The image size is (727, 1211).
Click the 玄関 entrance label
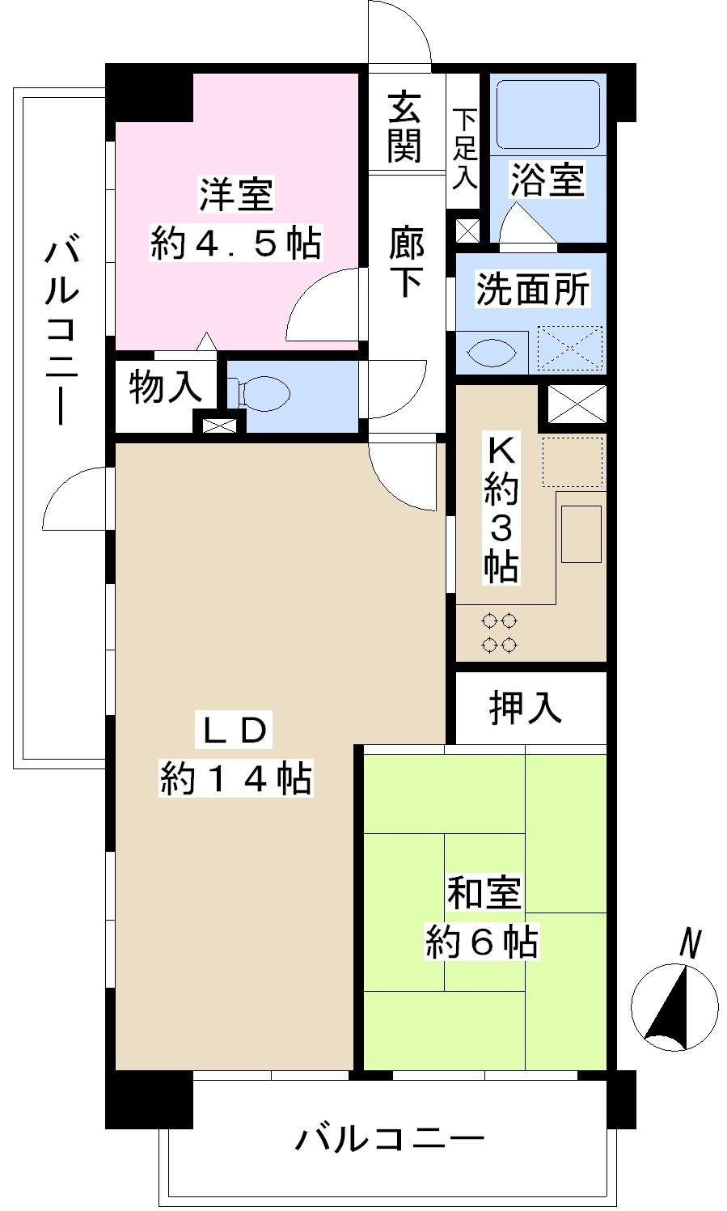(x=405, y=128)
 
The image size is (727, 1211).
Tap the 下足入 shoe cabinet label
(x=464, y=149)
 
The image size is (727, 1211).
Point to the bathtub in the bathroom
(x=547, y=114)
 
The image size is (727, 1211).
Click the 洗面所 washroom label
(x=531, y=290)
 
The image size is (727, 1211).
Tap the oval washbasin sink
(x=491, y=353)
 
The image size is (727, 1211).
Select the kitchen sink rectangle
(x=581, y=534)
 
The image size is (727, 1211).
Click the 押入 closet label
(x=525, y=708)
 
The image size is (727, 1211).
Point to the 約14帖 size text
(x=235, y=778)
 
